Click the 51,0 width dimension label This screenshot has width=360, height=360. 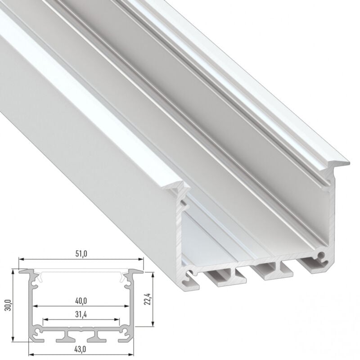pyautogui.click(x=81, y=254)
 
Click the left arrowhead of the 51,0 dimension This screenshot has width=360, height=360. pyautogui.click(x=20, y=260)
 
